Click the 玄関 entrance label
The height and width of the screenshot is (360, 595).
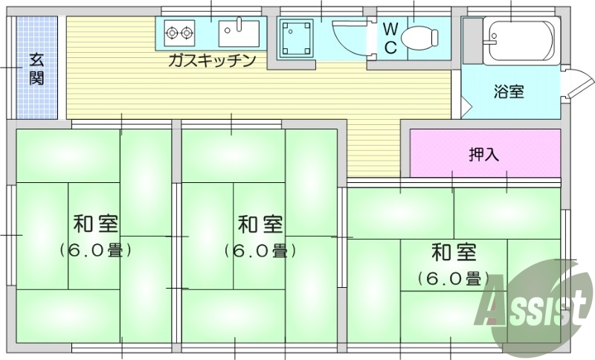pos(36,68)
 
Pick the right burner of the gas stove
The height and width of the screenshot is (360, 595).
pos(186,33)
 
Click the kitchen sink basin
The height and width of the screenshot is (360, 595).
pos(238,33)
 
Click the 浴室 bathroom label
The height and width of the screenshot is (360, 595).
pos(509,91)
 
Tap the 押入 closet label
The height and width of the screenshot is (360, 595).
pos(483,154)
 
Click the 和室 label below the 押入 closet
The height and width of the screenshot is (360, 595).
pos(453,253)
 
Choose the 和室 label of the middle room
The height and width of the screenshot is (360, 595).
pos(260,224)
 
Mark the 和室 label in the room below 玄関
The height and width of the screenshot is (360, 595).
pos(95,224)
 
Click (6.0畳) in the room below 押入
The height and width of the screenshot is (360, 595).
pos(453,279)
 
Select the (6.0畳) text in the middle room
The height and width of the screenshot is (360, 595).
pos(260,251)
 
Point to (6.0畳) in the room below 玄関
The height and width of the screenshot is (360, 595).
pos(95,251)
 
